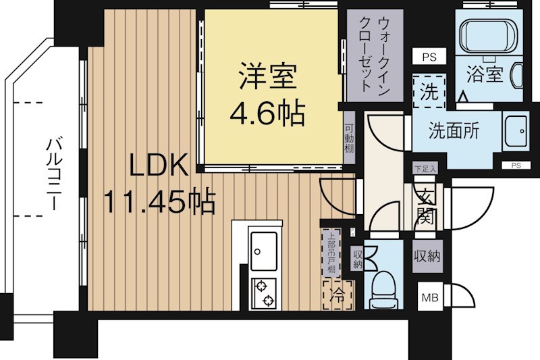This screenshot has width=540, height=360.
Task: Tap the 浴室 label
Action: coord(485,73)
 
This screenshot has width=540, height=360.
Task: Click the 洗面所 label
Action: coord(454,130)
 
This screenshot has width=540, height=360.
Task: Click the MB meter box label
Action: coord(429,296)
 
